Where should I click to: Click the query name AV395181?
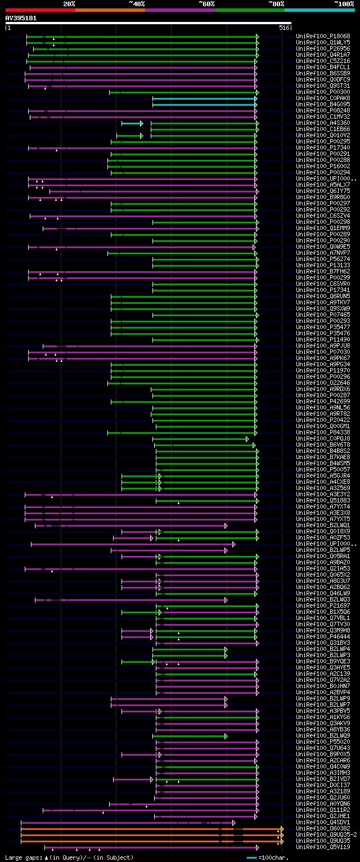pyautogui.click(x=21, y=18)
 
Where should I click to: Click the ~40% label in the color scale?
pyautogui.click(x=137, y=4)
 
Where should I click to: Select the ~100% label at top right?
pyautogui.click(x=344, y=4)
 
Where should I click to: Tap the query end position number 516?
pyautogui.click(x=283, y=28)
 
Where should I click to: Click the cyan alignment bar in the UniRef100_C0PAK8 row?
pyautogui.click(x=205, y=98)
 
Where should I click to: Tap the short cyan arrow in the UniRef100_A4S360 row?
pyautogui.click(x=132, y=123)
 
